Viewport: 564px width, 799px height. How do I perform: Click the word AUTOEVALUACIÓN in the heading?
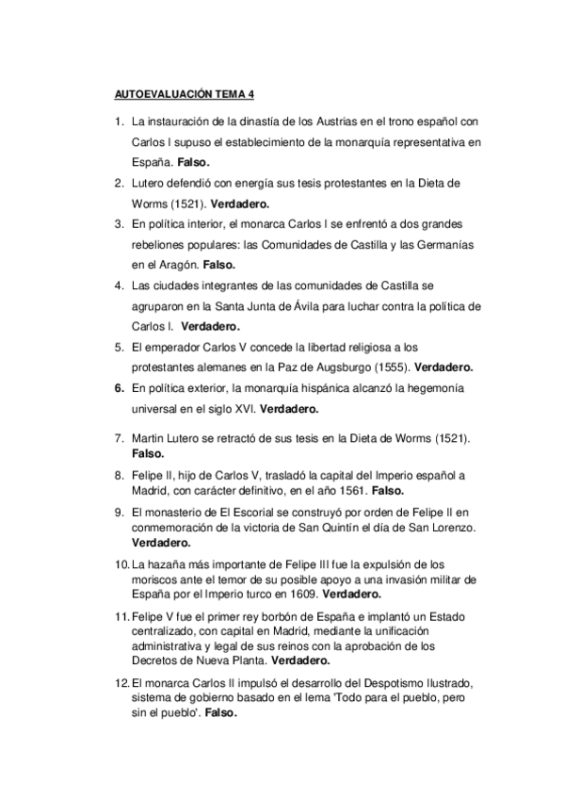(x=152, y=95)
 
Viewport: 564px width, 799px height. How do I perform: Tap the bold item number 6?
(x=119, y=388)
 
